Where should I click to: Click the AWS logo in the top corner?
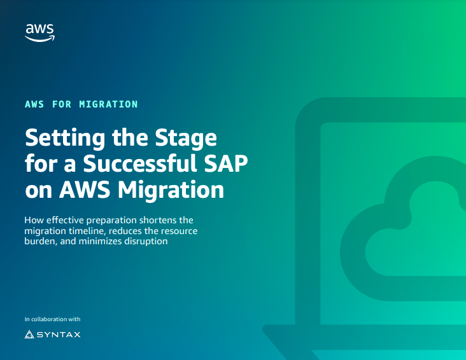[39, 31]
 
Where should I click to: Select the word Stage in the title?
[185, 138]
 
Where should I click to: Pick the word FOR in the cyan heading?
[63, 104]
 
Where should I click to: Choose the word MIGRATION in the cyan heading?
[109, 104]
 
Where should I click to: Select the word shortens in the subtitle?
[164, 220]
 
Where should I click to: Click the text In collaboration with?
[52, 319]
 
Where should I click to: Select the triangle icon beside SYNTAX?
[29, 334]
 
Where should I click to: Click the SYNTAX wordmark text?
[59, 334]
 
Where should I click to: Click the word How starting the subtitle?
[33, 220]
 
